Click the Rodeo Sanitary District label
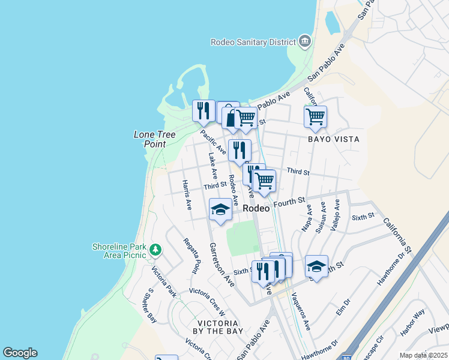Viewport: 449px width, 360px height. coord(253,41)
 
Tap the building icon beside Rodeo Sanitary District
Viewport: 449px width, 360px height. coord(305,41)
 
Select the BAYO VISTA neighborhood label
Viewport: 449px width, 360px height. coord(333,139)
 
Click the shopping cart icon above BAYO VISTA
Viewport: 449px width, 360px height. coord(315,116)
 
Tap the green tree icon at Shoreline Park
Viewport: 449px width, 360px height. coord(155,249)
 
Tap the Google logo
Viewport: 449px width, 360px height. coord(20,353)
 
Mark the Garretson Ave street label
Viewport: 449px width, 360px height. coord(221,264)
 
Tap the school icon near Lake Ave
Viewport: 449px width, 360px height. coord(220,210)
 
